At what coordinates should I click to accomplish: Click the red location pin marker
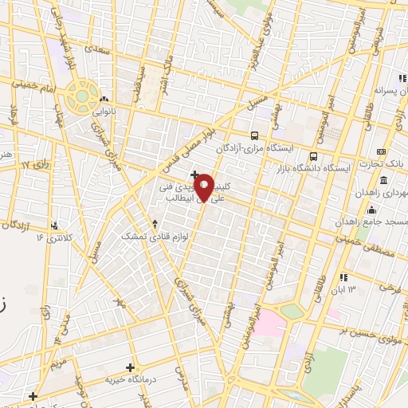204,186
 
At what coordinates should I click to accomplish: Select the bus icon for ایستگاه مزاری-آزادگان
254,135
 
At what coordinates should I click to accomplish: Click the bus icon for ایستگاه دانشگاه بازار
313,156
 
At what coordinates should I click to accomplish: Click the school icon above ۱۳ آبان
343,277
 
